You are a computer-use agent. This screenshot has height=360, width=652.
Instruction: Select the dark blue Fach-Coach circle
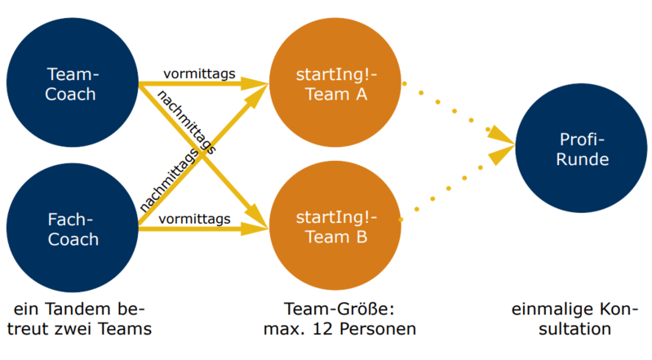(71, 229)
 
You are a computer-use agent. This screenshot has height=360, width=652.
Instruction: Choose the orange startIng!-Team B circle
(337, 227)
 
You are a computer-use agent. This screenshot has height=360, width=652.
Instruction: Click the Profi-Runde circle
(583, 149)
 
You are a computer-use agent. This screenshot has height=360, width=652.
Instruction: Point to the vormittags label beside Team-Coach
(199, 74)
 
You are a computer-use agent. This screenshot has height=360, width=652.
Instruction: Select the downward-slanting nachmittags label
(186, 123)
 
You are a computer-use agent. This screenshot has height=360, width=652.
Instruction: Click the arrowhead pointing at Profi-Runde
(503, 140)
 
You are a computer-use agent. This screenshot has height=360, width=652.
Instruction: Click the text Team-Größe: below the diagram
(337, 310)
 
